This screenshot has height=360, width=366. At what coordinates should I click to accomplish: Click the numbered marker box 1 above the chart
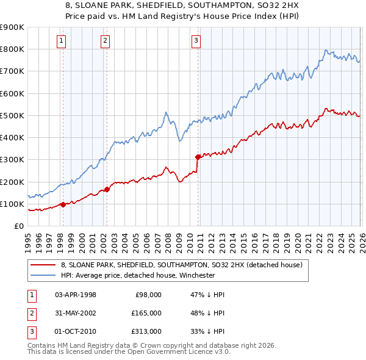pyautogui.click(x=62, y=41)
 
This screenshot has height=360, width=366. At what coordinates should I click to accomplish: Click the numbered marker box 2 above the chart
pyautogui.click(x=106, y=41)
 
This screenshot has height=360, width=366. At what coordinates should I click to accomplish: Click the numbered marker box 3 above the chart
pyautogui.click(x=196, y=41)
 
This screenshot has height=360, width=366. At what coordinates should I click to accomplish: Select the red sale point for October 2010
pyautogui.click(x=198, y=157)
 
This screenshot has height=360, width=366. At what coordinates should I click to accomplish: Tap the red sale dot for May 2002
pyautogui.click(x=107, y=189)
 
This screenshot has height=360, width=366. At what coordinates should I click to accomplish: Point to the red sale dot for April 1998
pyautogui.click(x=63, y=204)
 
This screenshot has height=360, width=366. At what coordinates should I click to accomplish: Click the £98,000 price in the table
pyautogui.click(x=148, y=294)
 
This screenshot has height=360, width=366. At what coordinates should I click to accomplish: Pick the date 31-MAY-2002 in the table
pyautogui.click(x=76, y=312)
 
